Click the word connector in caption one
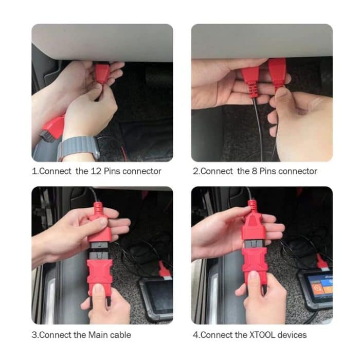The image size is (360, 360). coord(142,171)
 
